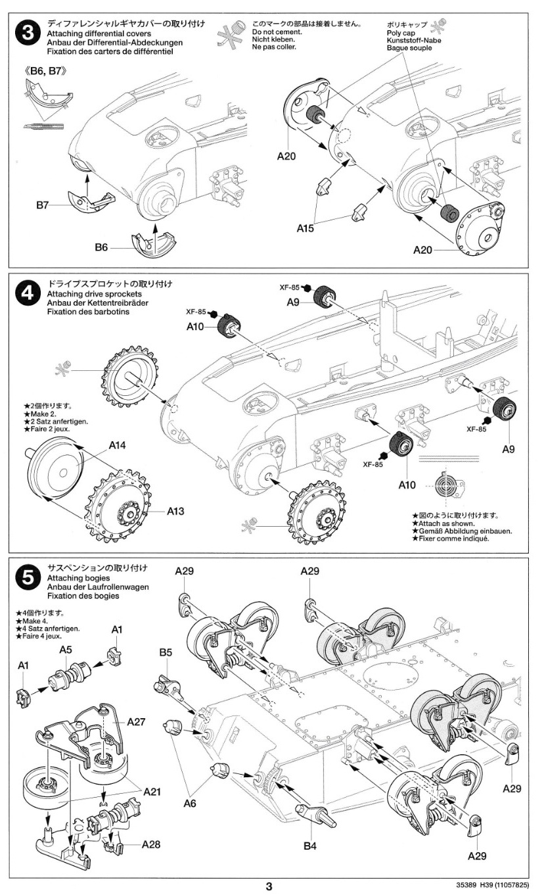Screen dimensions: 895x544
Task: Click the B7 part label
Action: tap(43, 206)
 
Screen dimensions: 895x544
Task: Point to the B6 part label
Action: tap(101, 247)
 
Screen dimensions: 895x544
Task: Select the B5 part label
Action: tap(165, 652)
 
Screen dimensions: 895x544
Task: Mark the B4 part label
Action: tap(311, 846)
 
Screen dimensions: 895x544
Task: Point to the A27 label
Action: tap(136, 721)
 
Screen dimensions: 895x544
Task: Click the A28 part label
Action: tap(151, 844)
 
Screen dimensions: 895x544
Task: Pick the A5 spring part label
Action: tap(66, 649)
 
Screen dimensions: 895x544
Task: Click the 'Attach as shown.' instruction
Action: tap(447, 523)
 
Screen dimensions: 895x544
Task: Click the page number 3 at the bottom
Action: tap(269, 886)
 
